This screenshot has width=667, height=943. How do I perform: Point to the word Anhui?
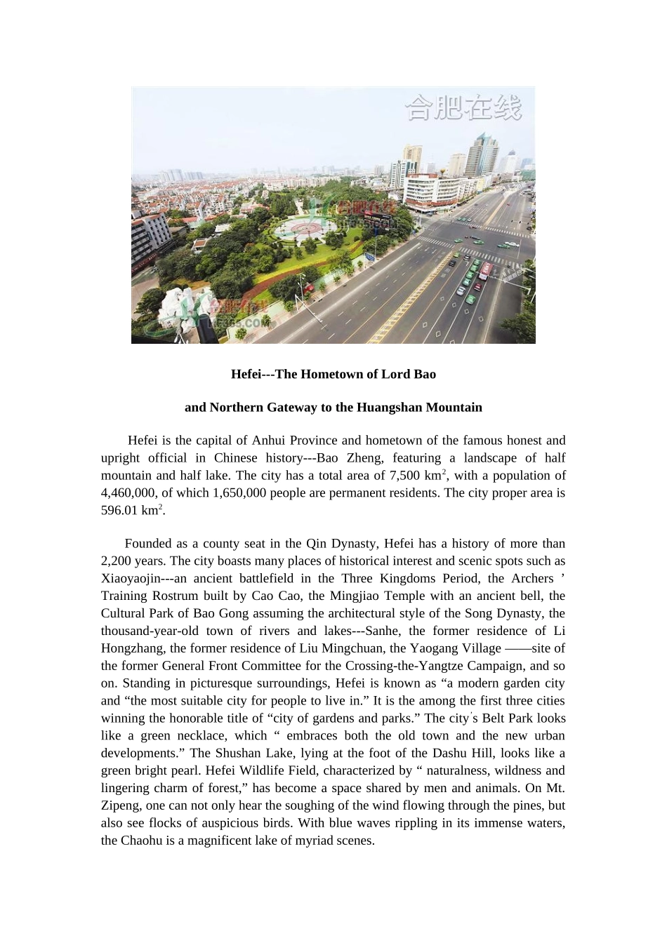(x=269, y=441)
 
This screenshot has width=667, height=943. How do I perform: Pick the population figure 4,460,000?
(x=128, y=493)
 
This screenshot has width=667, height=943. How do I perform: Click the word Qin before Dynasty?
(x=315, y=544)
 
